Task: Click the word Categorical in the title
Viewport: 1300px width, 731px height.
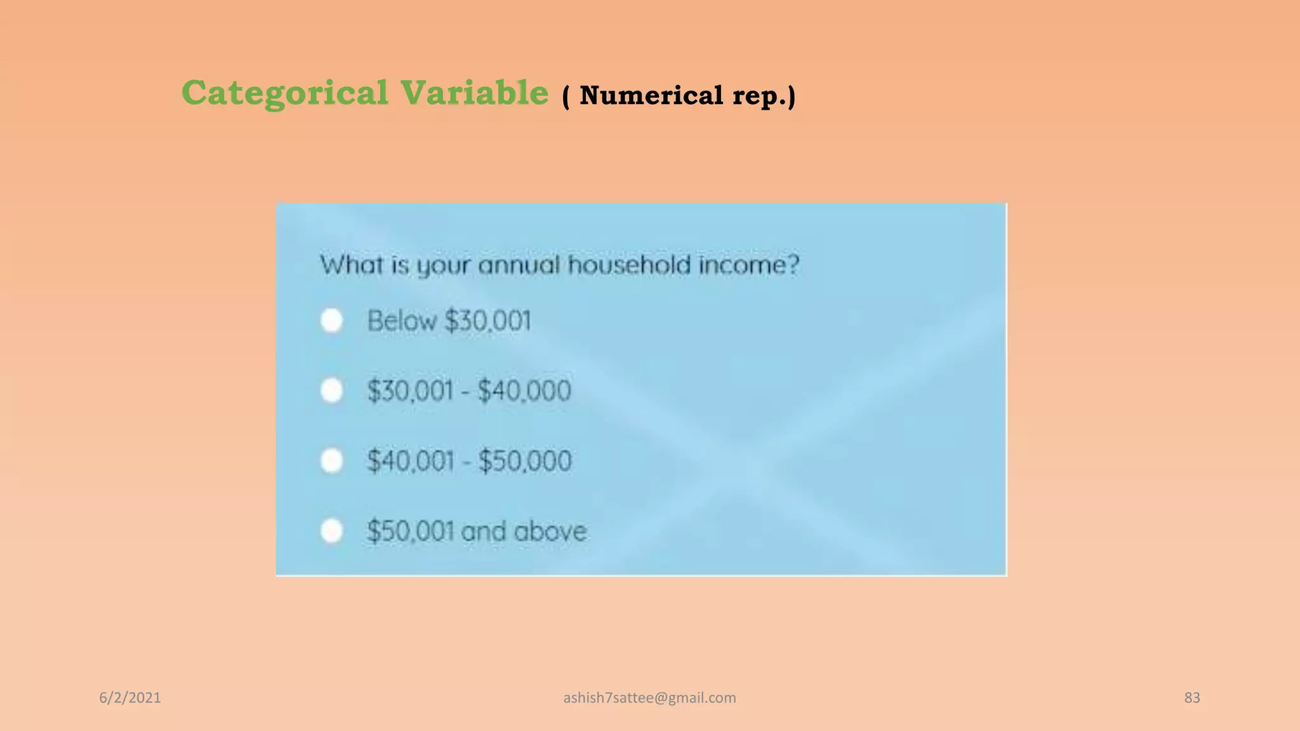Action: pos(284,93)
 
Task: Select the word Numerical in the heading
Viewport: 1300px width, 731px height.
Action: pos(651,96)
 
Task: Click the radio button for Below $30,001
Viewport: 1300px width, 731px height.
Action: pos(331,320)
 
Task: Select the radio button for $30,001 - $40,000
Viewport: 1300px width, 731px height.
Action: pos(331,390)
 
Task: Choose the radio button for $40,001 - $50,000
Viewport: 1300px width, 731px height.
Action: pos(331,461)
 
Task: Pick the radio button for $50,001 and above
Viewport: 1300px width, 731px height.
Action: pos(331,530)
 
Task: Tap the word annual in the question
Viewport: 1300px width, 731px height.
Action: pos(519,265)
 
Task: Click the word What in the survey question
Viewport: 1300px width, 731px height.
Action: pos(351,265)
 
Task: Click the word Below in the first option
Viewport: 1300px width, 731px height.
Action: pos(402,320)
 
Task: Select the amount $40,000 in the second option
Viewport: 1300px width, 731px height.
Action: pos(524,390)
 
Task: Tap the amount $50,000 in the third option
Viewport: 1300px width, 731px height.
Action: pos(525,461)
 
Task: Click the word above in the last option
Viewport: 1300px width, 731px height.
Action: pos(550,531)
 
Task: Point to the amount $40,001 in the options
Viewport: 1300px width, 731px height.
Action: pos(410,461)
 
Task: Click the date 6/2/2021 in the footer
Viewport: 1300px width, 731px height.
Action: pos(130,698)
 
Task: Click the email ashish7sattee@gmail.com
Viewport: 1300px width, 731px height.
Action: pos(649,698)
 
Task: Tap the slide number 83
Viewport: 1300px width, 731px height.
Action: pos(1191,698)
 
